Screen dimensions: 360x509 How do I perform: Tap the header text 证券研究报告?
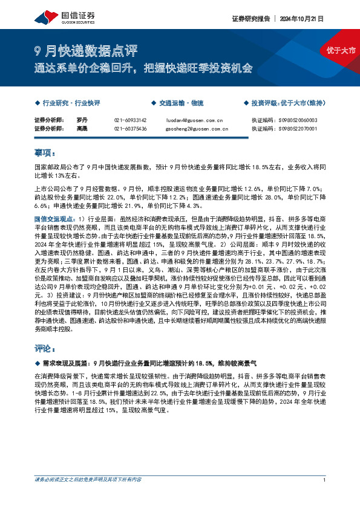pos(250,18)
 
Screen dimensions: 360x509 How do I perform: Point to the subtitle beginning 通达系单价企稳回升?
pos(143,67)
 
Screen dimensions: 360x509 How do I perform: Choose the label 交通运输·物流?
pos(180,103)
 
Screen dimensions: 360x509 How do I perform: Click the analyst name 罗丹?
pos(82,120)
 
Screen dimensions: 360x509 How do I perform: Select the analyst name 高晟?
pos(82,128)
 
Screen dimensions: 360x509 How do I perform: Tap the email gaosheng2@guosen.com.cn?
pos(195,128)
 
